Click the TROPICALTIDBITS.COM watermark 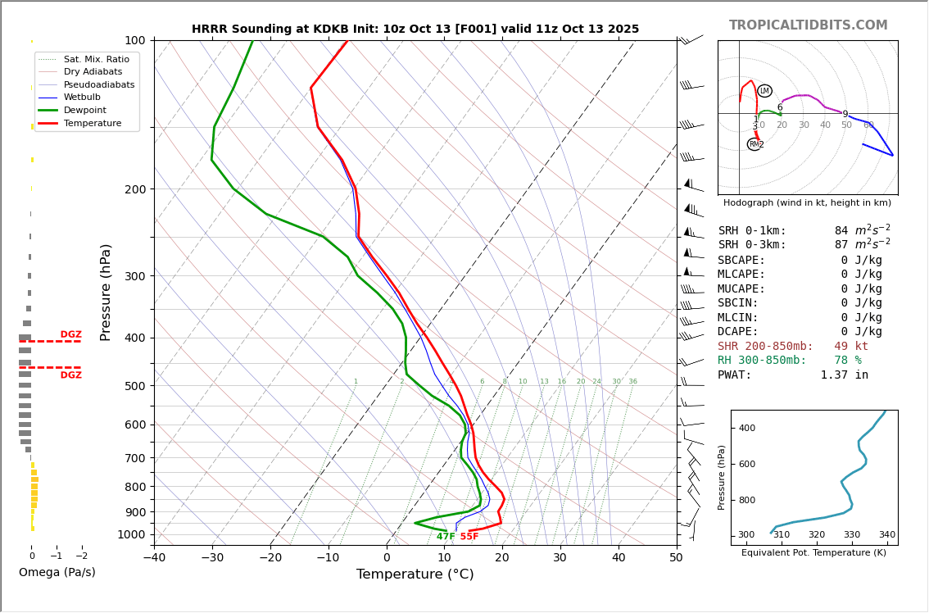pyautogui.click(x=808, y=25)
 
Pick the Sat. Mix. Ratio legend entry pyautogui.click(x=96, y=59)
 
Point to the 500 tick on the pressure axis pyautogui.click(x=135, y=386)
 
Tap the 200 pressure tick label pyautogui.click(x=135, y=189)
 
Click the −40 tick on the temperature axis pyautogui.click(x=154, y=558)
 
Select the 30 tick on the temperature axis pyautogui.click(x=560, y=558)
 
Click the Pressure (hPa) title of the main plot pyautogui.click(x=106, y=292)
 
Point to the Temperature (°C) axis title pyautogui.click(x=415, y=574)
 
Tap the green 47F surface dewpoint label pyautogui.click(x=446, y=537)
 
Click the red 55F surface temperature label pyautogui.click(x=469, y=537)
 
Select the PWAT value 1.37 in pyautogui.click(x=844, y=375)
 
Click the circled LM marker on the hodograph pyautogui.click(x=764, y=91)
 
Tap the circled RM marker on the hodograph pyautogui.click(x=754, y=144)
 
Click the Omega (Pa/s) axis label pyautogui.click(x=57, y=572)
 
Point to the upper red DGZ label pyautogui.click(x=70, y=334)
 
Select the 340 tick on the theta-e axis pyautogui.click(x=887, y=535)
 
